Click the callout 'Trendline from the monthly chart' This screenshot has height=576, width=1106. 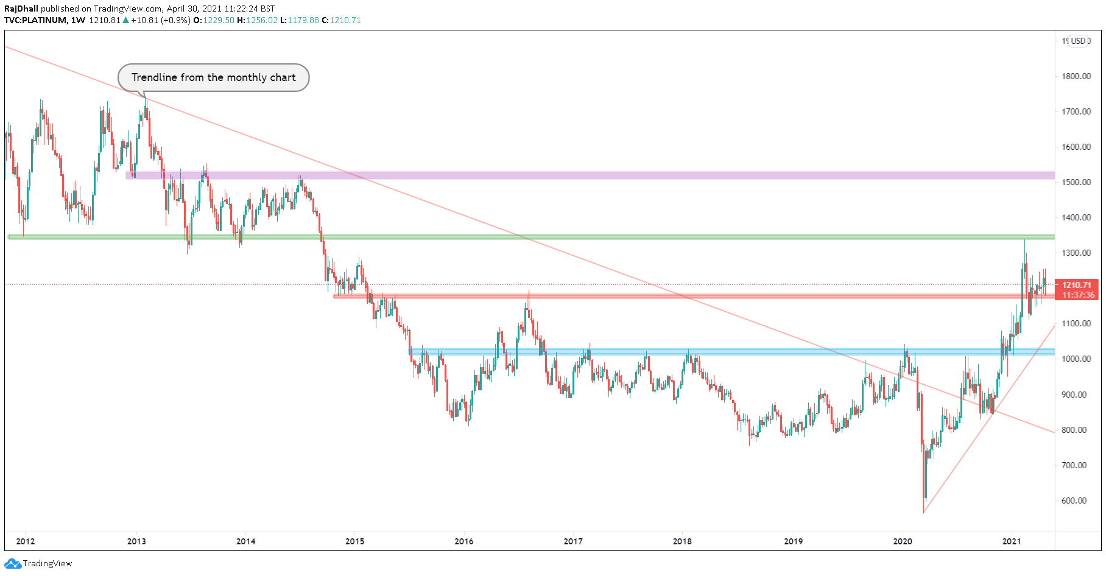pos(213,77)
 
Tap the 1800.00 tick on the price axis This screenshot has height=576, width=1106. pos(1076,76)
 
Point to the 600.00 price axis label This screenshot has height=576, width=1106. pos(1074,500)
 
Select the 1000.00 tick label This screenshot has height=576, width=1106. pos(1076,359)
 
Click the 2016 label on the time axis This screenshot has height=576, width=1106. pos(463,541)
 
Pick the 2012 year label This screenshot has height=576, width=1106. pos(25,541)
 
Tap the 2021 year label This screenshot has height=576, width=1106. pos(1012,541)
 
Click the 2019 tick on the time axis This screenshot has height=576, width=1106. pos(793,541)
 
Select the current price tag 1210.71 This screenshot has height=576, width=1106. pos(1077,285)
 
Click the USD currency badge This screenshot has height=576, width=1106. pos(1079,41)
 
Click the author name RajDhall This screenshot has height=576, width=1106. pos(21,9)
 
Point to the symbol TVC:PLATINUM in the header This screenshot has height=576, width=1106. pos(35,20)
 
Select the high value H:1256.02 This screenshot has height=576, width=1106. pos(257,20)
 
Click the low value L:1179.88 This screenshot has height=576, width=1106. pos(300,20)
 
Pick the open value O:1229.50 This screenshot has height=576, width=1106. pos(214,20)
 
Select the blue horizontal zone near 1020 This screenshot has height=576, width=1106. pos(731,351)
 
